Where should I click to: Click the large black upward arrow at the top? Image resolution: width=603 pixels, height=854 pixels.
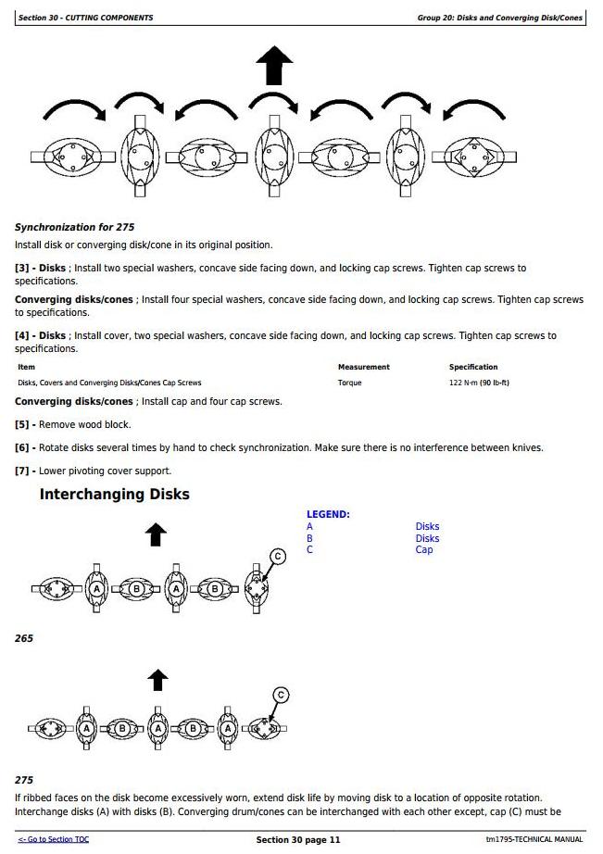tap(274, 67)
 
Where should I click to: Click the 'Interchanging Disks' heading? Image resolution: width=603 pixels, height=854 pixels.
tap(114, 495)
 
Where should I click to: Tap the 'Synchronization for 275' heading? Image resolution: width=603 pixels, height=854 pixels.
tap(75, 227)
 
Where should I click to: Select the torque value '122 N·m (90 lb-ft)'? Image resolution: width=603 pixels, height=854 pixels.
tap(479, 383)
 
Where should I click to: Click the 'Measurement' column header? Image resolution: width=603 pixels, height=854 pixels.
tap(363, 367)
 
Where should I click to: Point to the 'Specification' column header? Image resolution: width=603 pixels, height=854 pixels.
tap(473, 367)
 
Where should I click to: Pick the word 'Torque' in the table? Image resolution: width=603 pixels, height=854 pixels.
tap(349, 383)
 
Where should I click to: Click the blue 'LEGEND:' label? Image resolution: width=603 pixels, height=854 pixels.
tap(328, 514)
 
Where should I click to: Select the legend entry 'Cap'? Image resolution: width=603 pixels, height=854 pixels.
tap(423, 549)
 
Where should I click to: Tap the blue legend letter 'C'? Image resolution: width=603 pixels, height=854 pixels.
tap(309, 549)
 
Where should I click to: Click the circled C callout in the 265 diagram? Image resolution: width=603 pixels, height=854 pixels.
tap(277, 557)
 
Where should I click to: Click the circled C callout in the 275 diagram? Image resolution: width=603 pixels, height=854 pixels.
tap(281, 695)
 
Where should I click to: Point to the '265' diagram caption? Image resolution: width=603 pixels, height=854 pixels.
tap(24, 638)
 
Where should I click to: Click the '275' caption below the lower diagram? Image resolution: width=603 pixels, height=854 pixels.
tap(24, 780)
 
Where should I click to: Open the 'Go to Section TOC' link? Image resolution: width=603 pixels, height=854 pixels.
tap(54, 839)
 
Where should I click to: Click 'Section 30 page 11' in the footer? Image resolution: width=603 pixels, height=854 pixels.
tap(298, 839)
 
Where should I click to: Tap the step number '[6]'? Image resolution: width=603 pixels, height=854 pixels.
tap(23, 447)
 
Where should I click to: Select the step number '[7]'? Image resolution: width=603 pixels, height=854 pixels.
tap(23, 471)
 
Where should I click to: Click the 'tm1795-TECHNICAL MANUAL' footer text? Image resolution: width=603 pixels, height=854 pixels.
tap(534, 839)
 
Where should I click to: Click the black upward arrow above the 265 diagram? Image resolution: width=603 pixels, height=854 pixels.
tap(157, 534)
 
